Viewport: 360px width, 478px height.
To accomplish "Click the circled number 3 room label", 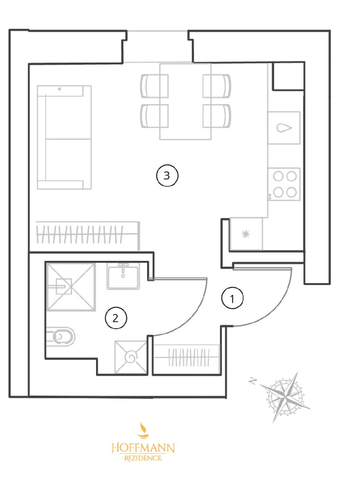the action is [167, 175].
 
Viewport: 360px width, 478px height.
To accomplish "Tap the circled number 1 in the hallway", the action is [232, 299].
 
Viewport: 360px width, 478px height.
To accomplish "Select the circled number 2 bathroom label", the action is [116, 319].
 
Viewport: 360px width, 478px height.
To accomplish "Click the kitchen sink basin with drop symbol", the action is [284, 128].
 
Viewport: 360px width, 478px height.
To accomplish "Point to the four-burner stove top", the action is [284, 184].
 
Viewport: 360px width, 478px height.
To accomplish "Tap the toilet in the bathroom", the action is [61, 337].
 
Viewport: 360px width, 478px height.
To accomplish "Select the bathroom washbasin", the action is [123, 276].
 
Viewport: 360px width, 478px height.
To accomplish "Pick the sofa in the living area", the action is [64, 137].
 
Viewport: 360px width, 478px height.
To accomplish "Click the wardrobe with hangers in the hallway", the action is [187, 358].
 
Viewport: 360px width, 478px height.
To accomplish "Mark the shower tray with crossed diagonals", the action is [71, 287].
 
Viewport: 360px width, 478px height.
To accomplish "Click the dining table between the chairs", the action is [185, 102].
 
